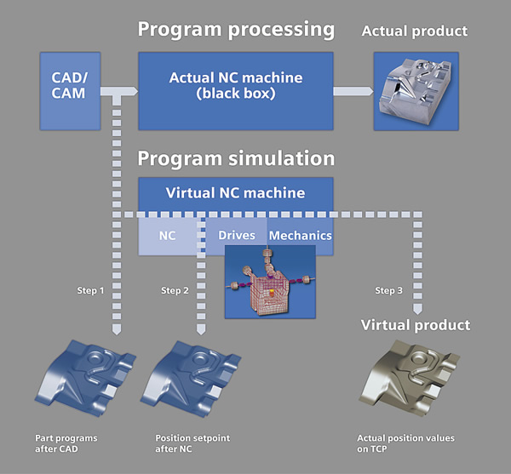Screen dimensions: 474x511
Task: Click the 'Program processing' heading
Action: pyautogui.click(x=236, y=29)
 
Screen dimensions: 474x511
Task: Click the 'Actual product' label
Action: pyautogui.click(x=415, y=31)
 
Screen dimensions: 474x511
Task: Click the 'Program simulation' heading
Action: pyautogui.click(x=236, y=158)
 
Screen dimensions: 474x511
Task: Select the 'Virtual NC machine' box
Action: pyautogui.click(x=234, y=192)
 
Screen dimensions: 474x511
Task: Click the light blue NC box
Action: pyautogui.click(x=167, y=234)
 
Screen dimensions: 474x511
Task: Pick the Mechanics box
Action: pyautogui.click(x=301, y=234)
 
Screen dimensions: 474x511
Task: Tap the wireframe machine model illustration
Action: pyautogui.click(x=269, y=281)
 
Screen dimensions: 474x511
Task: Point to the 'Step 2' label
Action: pyautogui.click(x=175, y=291)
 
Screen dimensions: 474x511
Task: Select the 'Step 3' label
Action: pyautogui.click(x=389, y=291)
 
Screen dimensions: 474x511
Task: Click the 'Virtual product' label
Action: pyautogui.click(x=415, y=325)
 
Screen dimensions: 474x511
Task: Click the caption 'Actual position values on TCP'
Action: pyautogui.click(x=405, y=443)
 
